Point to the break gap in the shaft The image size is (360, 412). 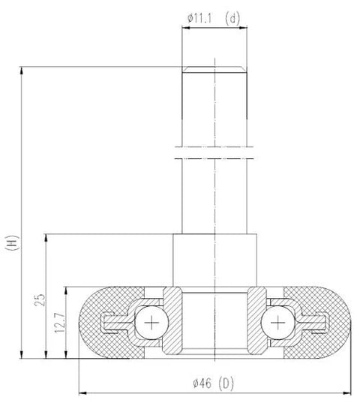pos(215,152)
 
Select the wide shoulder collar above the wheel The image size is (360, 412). pos(215,260)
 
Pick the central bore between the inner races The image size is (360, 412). pos(215,319)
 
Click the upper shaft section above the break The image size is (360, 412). pos(215,109)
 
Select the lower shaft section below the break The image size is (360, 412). pos(215,195)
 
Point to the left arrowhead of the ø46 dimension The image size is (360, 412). pos(82,392)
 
